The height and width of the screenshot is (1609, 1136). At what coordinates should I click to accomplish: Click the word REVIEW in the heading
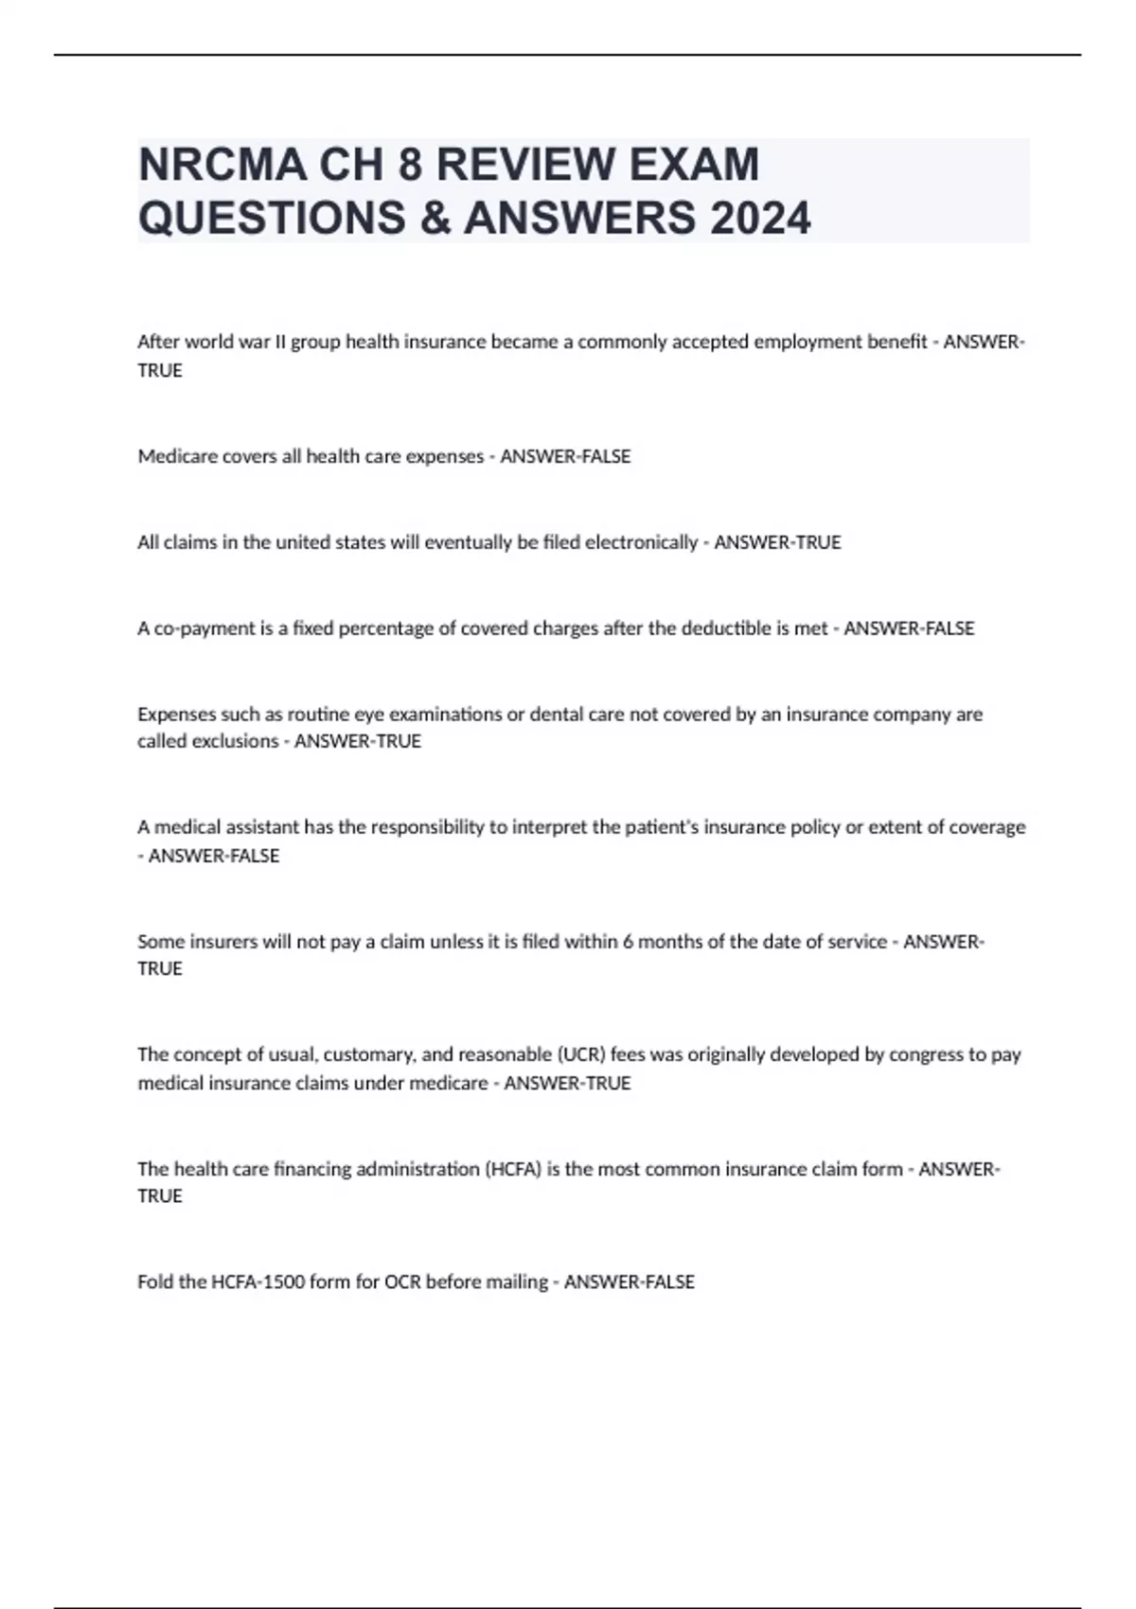(525, 165)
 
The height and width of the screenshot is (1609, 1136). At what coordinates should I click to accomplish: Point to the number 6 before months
(628, 942)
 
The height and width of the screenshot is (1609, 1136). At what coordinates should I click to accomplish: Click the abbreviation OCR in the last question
(402, 1282)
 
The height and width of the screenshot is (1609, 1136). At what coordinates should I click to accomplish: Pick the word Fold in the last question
(155, 1282)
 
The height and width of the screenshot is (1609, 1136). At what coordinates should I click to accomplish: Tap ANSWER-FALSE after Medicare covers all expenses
(565, 456)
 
